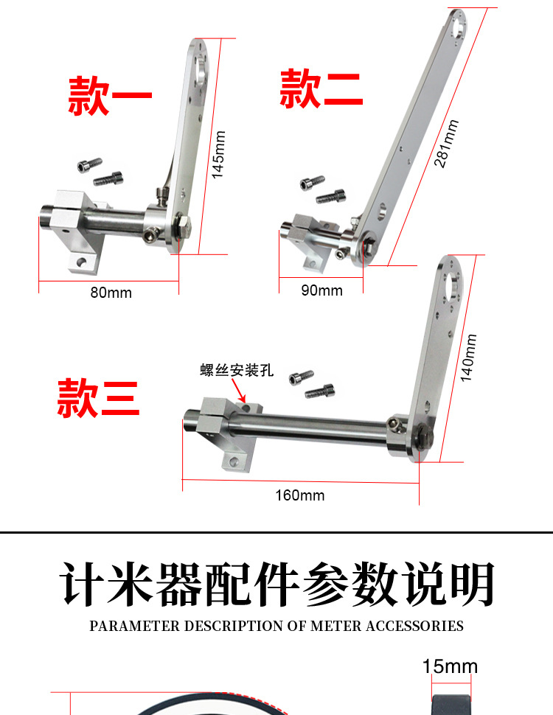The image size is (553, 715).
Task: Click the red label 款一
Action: (x=110, y=96)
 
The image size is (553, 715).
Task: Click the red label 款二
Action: (x=321, y=88)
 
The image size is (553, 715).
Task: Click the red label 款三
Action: (x=98, y=398)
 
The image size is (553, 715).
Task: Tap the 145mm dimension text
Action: (x=218, y=155)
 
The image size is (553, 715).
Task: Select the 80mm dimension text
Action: (x=111, y=293)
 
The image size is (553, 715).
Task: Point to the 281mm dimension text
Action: (x=447, y=144)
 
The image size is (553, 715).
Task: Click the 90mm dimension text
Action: (x=322, y=290)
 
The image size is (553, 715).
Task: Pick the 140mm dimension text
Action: (x=468, y=358)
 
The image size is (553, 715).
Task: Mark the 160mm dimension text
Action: (x=300, y=495)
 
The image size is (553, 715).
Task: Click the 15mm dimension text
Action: (x=450, y=667)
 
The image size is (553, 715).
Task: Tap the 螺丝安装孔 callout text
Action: (x=237, y=370)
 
